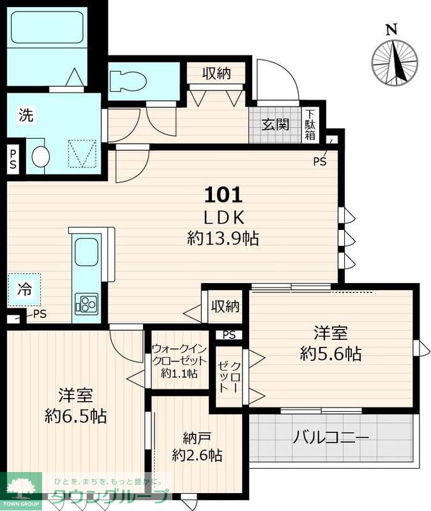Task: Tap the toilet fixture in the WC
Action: pos(127,81)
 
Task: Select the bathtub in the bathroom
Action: pos(48,35)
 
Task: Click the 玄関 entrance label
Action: pos(275,124)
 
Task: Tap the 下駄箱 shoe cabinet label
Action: pos(310,125)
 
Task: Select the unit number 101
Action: pos(222,193)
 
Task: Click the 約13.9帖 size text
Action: pos(222,238)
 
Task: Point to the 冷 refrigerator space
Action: pos(24,289)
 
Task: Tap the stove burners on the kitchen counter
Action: pos(86,303)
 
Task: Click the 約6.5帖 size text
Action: pos(75,416)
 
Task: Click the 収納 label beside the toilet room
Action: pos(216,73)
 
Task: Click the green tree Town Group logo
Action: pos(21,490)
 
